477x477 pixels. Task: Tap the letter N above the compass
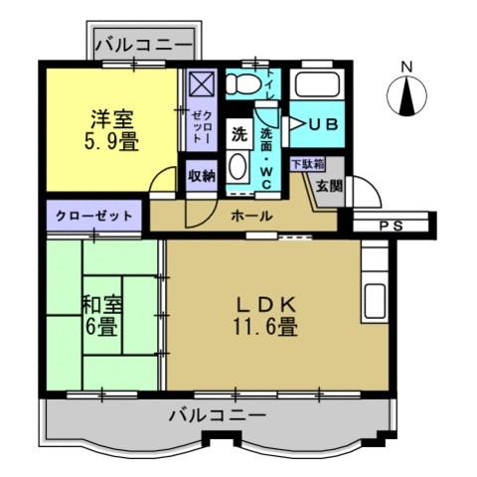(x=406, y=68)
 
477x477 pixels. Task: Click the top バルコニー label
(x=145, y=45)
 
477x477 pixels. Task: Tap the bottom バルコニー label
(x=217, y=414)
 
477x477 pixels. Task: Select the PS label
(x=392, y=226)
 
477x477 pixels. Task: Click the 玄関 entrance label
(x=329, y=185)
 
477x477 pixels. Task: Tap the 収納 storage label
(x=202, y=176)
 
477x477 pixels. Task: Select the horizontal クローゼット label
(x=93, y=216)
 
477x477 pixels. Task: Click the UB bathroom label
(x=321, y=125)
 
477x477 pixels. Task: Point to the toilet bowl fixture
(x=241, y=84)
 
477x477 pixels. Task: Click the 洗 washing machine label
(x=239, y=133)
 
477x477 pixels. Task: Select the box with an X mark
(x=201, y=83)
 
